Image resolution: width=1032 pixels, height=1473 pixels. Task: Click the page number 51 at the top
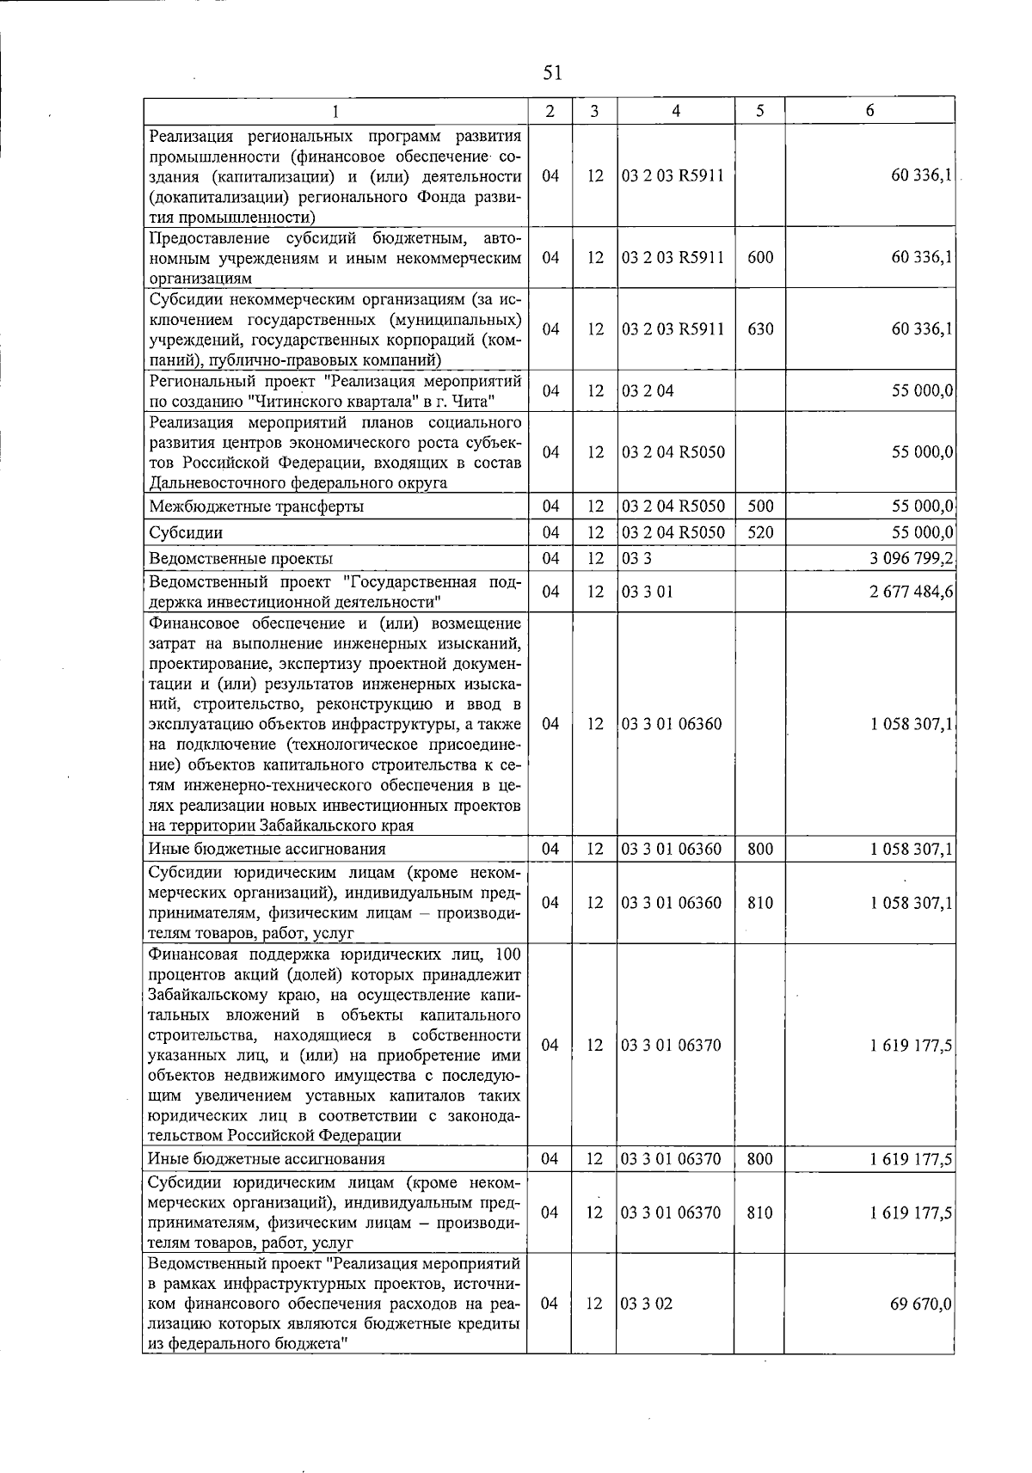(x=552, y=73)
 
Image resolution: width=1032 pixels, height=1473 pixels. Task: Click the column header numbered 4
(x=676, y=111)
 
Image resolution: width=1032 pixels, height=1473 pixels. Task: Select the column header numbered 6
(x=869, y=111)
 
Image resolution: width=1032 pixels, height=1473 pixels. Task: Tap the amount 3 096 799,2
(x=911, y=559)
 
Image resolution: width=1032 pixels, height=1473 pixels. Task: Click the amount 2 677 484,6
(x=911, y=592)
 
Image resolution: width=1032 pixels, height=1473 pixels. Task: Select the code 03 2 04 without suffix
(x=648, y=391)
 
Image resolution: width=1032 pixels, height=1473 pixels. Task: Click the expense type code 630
(x=760, y=329)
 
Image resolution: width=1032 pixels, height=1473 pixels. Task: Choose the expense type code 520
(x=760, y=533)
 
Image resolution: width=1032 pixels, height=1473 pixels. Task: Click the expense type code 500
(x=760, y=506)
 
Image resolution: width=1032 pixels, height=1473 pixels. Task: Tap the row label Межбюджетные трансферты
(x=256, y=506)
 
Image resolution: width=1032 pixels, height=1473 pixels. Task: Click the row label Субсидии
(x=186, y=533)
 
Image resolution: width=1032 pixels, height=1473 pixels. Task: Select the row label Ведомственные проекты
(x=241, y=559)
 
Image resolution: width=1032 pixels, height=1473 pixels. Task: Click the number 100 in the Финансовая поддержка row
(x=508, y=955)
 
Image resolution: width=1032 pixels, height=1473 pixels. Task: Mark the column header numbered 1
(x=335, y=111)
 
